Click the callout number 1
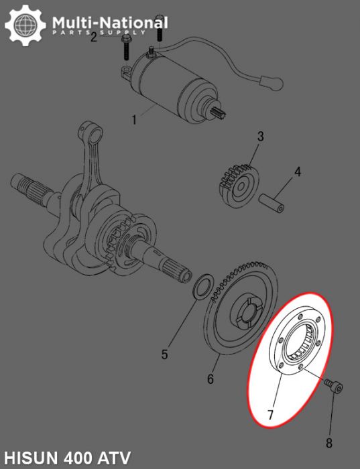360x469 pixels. coord(133,121)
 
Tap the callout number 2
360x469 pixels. coord(94,37)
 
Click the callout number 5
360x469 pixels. coord(164,354)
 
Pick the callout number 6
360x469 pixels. coord(210,379)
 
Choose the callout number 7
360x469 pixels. coord(271,415)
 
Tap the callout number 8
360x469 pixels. coord(328,442)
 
